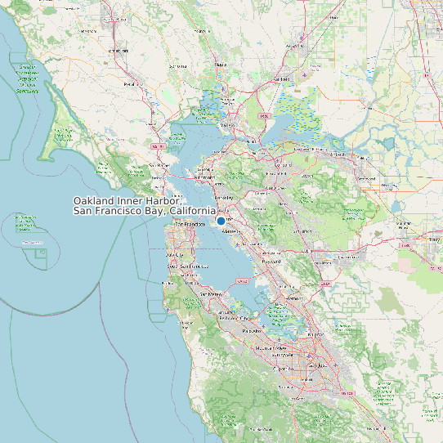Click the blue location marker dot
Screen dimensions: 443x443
[221, 221]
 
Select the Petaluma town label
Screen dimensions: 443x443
[130, 83]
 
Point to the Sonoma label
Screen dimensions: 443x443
[220, 63]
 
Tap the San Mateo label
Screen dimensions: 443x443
[210, 293]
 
